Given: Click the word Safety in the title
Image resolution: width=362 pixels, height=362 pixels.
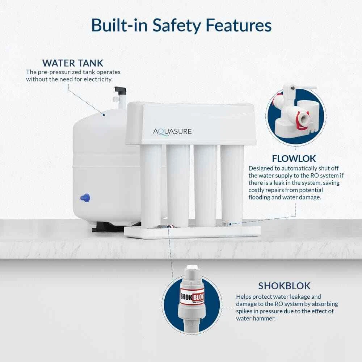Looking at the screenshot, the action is coord(177,25).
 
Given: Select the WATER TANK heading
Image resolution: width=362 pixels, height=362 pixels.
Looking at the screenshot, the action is coord(73,63).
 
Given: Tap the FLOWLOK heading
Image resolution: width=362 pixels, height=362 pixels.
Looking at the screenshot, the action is coord(294,159).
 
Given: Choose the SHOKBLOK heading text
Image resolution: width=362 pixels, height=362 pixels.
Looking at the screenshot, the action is coord(284,286).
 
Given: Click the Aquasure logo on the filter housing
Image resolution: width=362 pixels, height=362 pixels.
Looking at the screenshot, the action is coord(172,132).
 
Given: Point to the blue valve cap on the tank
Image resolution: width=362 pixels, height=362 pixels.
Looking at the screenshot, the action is coord(85,198).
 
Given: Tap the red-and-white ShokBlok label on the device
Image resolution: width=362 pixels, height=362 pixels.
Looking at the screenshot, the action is coord(192,297).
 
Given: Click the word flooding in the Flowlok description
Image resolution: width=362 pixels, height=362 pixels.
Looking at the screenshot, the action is coord(260,197).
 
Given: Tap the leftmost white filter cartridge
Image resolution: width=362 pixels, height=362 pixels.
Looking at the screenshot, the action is coord(151,185).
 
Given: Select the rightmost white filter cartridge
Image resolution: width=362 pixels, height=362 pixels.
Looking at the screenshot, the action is coord(232,184).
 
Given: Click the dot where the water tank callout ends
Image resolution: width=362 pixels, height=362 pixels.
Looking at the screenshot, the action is coord(104,115).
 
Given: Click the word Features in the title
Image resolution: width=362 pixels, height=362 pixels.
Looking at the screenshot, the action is coord(239,25).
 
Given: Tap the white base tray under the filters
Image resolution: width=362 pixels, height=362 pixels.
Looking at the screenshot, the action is coord(192,232).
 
